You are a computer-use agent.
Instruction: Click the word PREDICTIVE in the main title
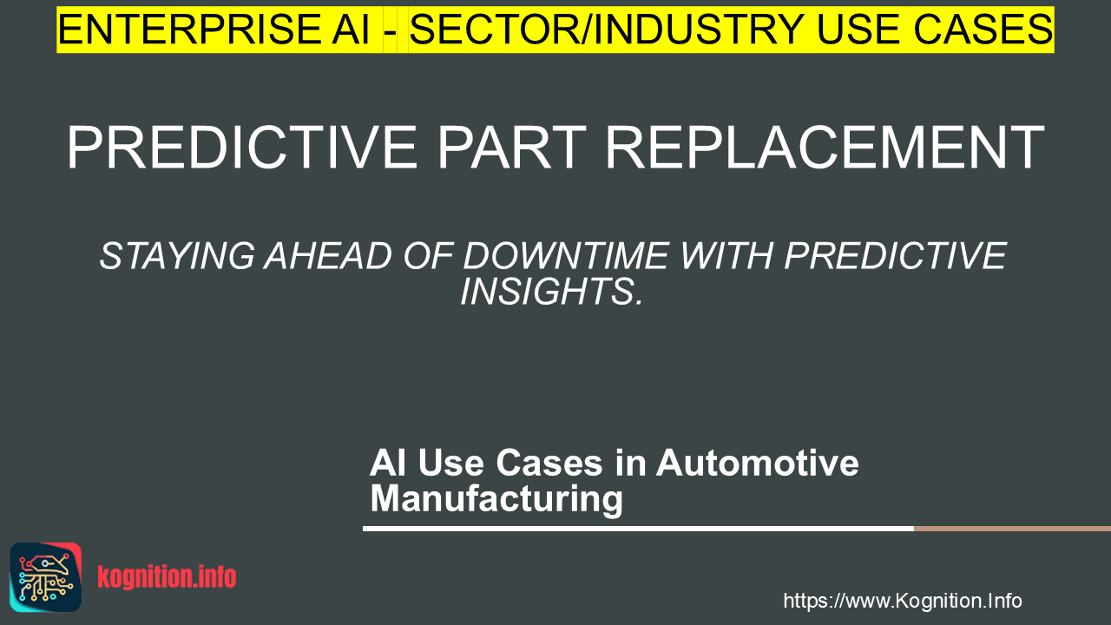(x=242, y=148)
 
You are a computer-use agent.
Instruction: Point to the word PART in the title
(x=511, y=148)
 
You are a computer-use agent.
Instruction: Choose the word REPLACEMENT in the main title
(x=825, y=148)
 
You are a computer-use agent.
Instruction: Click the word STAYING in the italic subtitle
(x=177, y=256)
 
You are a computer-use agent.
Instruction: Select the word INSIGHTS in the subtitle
(x=551, y=291)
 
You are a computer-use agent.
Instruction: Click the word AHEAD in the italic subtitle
(x=328, y=256)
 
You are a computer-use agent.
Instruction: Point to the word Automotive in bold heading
(x=758, y=463)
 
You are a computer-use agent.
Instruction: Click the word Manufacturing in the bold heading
(x=496, y=498)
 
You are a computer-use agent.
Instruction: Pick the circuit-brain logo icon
(x=46, y=577)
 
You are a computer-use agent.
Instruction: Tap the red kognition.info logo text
(x=167, y=577)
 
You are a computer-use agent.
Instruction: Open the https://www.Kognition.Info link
(x=903, y=601)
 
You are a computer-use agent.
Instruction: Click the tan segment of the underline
(x=1012, y=529)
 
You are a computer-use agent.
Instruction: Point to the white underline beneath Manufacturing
(x=638, y=529)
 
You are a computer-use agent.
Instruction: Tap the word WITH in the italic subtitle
(x=726, y=256)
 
